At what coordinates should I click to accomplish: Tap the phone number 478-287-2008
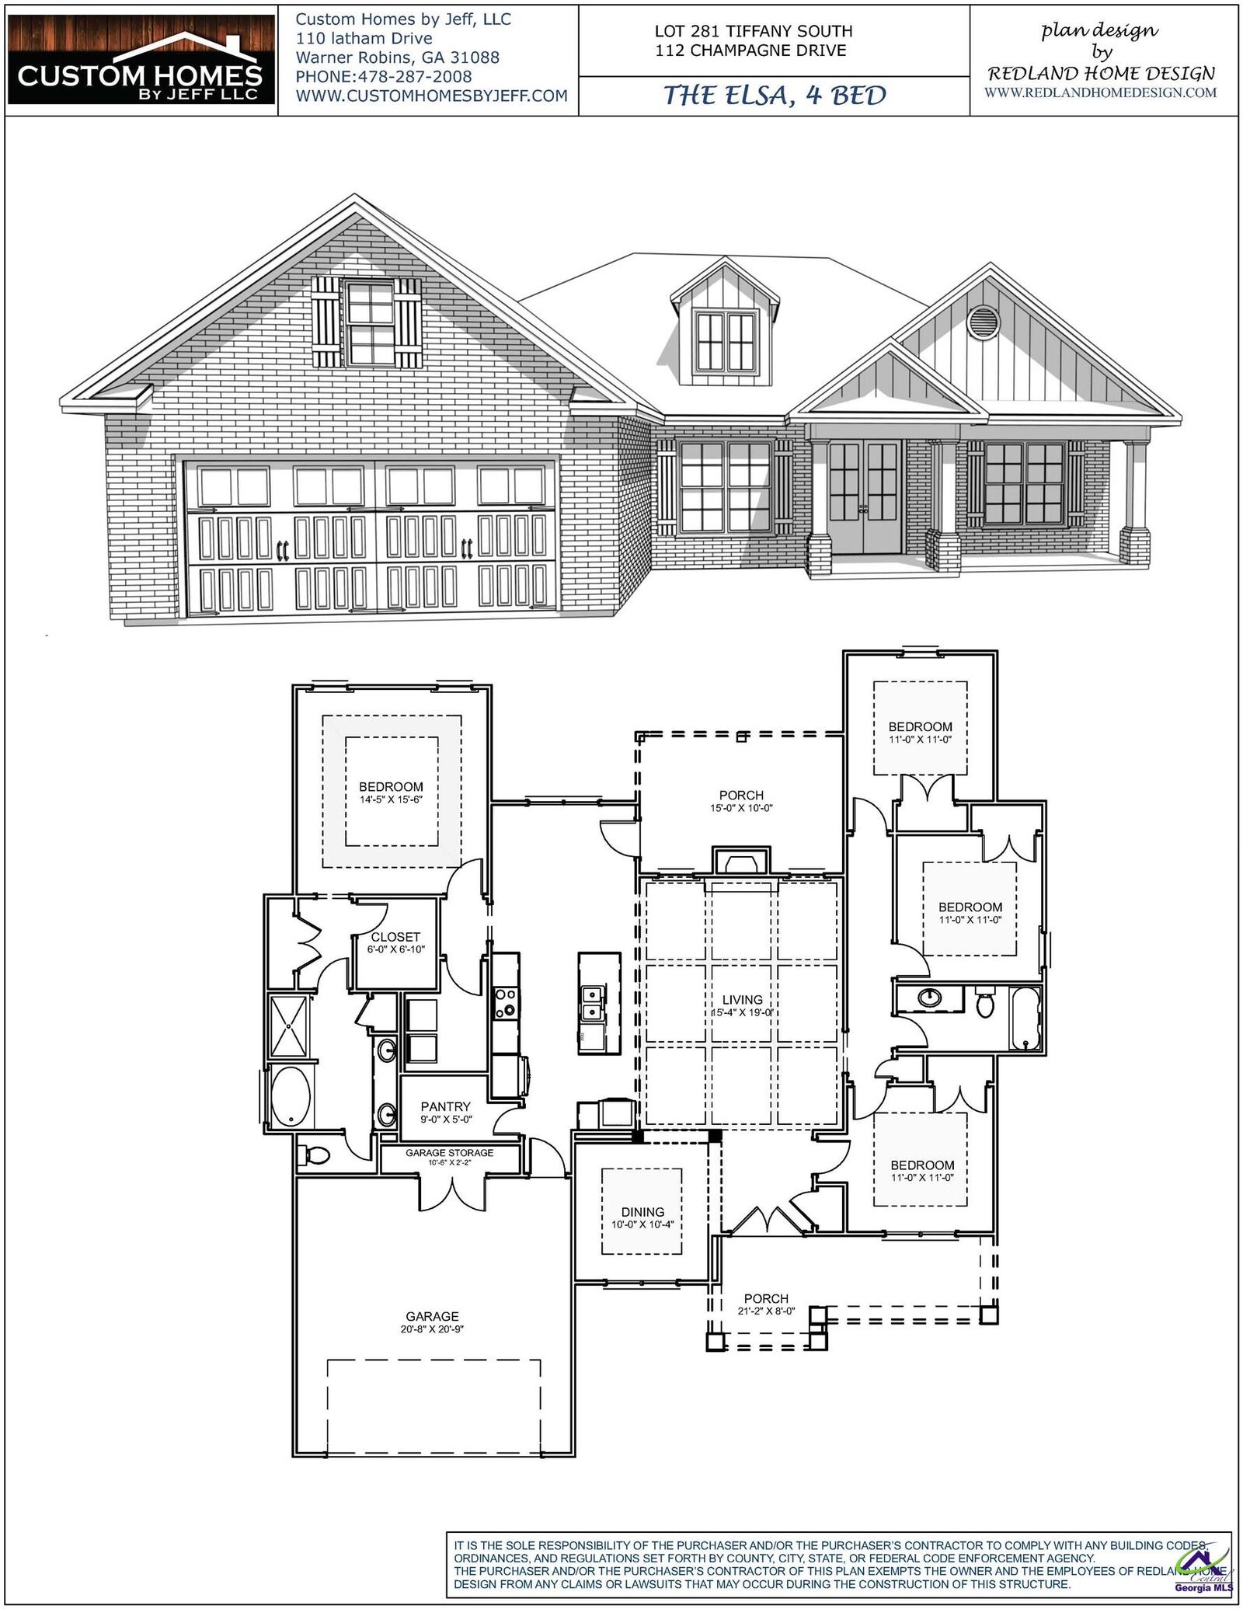(x=384, y=77)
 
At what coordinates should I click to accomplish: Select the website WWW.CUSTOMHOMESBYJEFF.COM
(x=431, y=96)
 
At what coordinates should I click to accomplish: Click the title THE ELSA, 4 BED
(x=774, y=96)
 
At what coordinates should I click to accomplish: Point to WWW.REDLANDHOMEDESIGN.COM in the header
(x=1101, y=92)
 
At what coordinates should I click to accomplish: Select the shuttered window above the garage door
(x=371, y=324)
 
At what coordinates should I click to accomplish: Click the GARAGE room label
(x=432, y=1316)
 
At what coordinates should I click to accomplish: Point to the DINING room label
(x=642, y=1211)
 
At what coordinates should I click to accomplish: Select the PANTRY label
(x=446, y=1106)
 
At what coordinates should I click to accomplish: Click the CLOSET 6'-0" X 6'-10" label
(x=395, y=937)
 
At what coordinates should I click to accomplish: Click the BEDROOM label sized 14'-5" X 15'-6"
(x=391, y=786)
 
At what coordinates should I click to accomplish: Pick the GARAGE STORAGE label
(x=449, y=1153)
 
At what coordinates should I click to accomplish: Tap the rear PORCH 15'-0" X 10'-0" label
(x=741, y=795)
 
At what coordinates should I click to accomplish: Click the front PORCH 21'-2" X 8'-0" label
(x=766, y=1298)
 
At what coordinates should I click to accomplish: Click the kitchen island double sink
(x=595, y=1002)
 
